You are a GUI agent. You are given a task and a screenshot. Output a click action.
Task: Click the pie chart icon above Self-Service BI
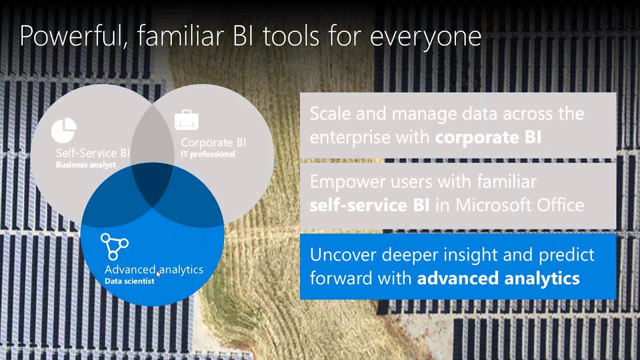64,130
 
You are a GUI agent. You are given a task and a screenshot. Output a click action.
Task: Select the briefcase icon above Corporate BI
186,120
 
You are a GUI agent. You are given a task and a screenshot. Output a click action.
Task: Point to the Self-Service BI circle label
92,153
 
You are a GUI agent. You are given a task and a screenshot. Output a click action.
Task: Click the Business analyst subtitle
85,165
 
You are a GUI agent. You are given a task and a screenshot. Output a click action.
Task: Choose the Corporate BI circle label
213,142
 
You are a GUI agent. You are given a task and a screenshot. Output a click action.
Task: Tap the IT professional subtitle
207,154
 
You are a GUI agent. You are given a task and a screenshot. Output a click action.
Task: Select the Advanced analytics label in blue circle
153,269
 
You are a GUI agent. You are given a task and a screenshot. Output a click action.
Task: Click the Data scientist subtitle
129,281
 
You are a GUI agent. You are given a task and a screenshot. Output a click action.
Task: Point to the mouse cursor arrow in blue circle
158,274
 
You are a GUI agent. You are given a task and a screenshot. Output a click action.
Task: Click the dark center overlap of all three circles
152,187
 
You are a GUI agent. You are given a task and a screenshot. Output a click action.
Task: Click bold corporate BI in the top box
488,137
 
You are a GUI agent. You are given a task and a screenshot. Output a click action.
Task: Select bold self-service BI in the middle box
369,205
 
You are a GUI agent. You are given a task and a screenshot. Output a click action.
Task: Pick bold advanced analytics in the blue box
498,278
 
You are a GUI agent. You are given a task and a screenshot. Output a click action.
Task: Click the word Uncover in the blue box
343,255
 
